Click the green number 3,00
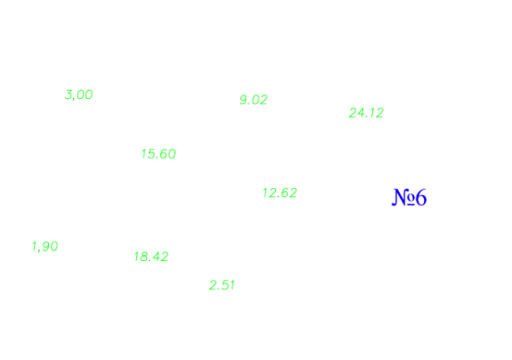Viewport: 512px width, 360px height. click(78, 94)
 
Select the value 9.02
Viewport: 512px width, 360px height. click(254, 100)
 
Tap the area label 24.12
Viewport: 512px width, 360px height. click(366, 112)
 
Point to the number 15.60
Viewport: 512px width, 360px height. click(158, 153)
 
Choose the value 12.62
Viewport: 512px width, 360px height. click(280, 192)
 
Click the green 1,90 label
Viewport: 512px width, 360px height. click(45, 246)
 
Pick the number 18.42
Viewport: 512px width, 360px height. click(151, 257)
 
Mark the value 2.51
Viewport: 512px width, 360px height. click(222, 285)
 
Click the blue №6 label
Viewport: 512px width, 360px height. click(409, 197)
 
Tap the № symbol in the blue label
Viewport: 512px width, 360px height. click(403, 197)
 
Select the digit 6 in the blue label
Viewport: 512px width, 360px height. click(421, 197)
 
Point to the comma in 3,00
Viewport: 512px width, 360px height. click(73, 98)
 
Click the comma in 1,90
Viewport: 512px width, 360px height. click(38, 250)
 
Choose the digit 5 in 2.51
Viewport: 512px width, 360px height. click(224, 285)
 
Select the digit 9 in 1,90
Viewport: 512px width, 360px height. click(45, 246)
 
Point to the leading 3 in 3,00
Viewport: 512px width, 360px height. click(69, 94)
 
